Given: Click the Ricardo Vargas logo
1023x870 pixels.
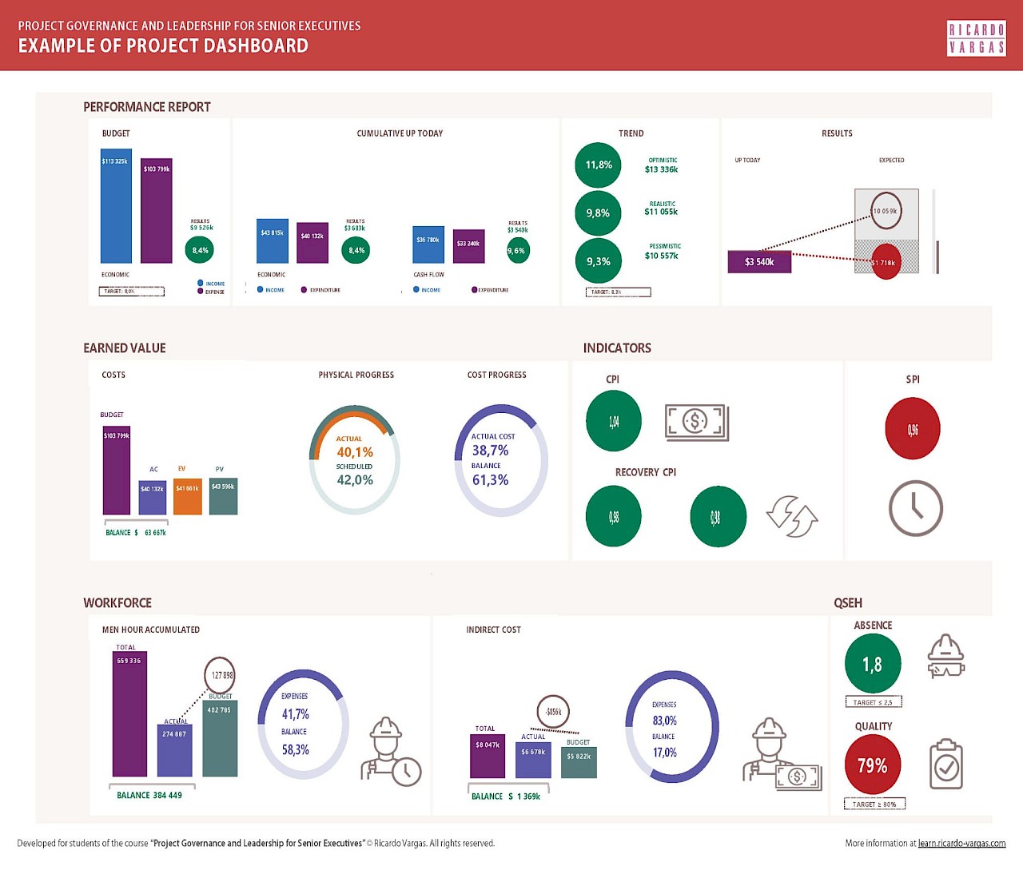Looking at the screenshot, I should click(976, 38).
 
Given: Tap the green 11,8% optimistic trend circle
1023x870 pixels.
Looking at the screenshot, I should click(598, 165).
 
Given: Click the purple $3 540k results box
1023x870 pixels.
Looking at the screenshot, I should click(759, 262).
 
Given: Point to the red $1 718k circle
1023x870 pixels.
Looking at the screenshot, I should click(886, 262).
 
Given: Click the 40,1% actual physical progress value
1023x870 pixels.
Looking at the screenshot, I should click(355, 452).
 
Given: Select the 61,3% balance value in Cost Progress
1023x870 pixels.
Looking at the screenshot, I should click(490, 480).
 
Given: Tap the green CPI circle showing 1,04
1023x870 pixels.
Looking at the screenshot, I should click(614, 421).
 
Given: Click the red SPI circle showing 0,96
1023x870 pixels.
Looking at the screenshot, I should click(913, 430).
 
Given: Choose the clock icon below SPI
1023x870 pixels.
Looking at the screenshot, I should click(916, 508).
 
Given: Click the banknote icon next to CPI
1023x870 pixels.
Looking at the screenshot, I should click(697, 422).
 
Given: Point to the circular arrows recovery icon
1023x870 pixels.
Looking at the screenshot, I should click(791, 516).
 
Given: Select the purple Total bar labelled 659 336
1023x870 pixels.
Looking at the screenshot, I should click(129, 713).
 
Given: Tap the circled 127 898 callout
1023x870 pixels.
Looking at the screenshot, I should click(220, 675).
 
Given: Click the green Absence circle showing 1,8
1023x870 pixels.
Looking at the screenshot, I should click(873, 664).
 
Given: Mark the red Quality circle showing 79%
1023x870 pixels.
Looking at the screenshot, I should click(873, 765).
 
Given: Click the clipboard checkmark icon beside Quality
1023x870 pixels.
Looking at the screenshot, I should click(946, 765).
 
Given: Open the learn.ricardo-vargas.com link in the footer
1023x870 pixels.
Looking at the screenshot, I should click(961, 843).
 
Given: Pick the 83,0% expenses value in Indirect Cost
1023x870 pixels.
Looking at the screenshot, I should click(664, 721).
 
